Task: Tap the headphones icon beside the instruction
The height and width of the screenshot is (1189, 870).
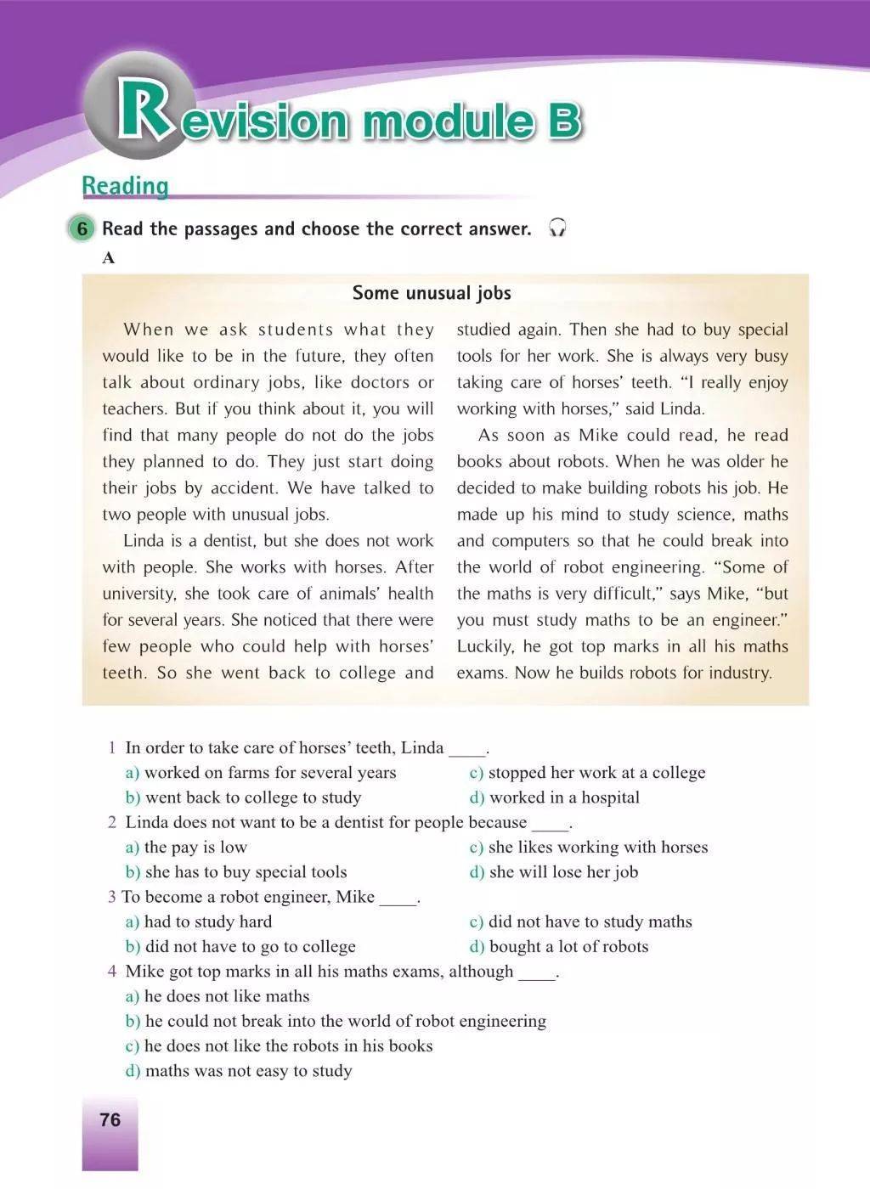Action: pos(557,228)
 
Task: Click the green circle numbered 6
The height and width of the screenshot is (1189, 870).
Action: pos(82,228)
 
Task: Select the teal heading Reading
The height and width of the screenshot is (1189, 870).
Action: pos(125,185)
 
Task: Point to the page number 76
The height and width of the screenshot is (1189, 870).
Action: pos(110,1119)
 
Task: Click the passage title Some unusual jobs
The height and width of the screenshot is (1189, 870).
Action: pos(432,293)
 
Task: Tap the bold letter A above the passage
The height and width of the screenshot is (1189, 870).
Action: pos(108,258)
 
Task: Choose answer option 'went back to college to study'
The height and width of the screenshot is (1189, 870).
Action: pos(252,797)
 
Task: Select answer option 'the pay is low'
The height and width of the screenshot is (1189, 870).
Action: pos(195,847)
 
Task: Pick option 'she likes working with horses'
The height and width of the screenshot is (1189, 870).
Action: pos(597,847)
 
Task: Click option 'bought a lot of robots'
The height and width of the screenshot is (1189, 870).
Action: pos(568,946)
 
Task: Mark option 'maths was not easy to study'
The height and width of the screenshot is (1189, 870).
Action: pos(248,1070)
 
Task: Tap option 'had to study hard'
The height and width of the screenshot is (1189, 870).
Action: pos(207,921)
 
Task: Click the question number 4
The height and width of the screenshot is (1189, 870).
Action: pos(112,971)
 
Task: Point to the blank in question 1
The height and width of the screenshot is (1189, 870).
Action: pos(466,749)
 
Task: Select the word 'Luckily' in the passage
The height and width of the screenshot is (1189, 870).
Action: pos(485,646)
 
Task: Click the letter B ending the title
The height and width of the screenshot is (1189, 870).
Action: pos(563,120)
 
